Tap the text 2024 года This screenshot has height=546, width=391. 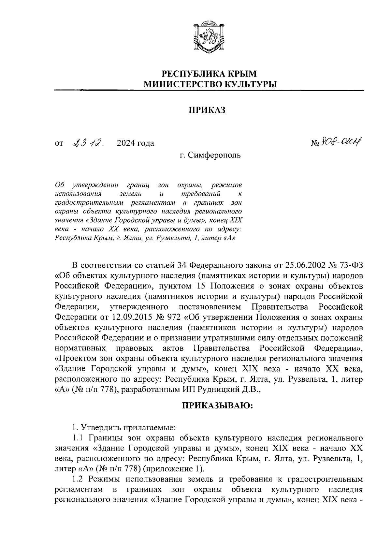point(135,143)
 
